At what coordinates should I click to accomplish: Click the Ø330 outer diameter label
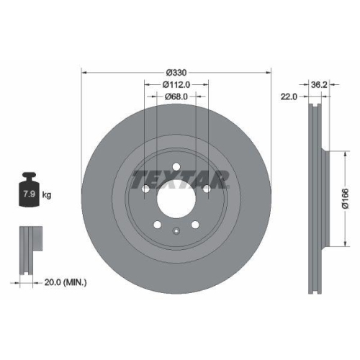(x=176, y=71)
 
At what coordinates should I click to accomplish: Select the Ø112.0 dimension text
(x=176, y=84)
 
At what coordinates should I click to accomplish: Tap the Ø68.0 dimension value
(x=176, y=96)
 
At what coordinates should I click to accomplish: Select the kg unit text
(x=47, y=195)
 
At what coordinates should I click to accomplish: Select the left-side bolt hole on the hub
(x=145, y=189)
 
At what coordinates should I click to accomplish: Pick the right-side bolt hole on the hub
(x=207, y=189)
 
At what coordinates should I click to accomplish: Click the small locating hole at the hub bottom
(x=176, y=230)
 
